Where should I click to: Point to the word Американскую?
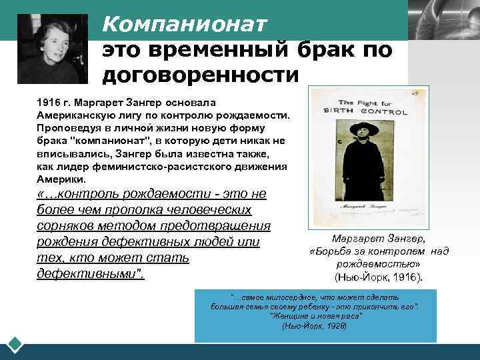point(73,116)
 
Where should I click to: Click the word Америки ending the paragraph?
point(61,179)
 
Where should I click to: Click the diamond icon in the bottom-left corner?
point(15,345)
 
